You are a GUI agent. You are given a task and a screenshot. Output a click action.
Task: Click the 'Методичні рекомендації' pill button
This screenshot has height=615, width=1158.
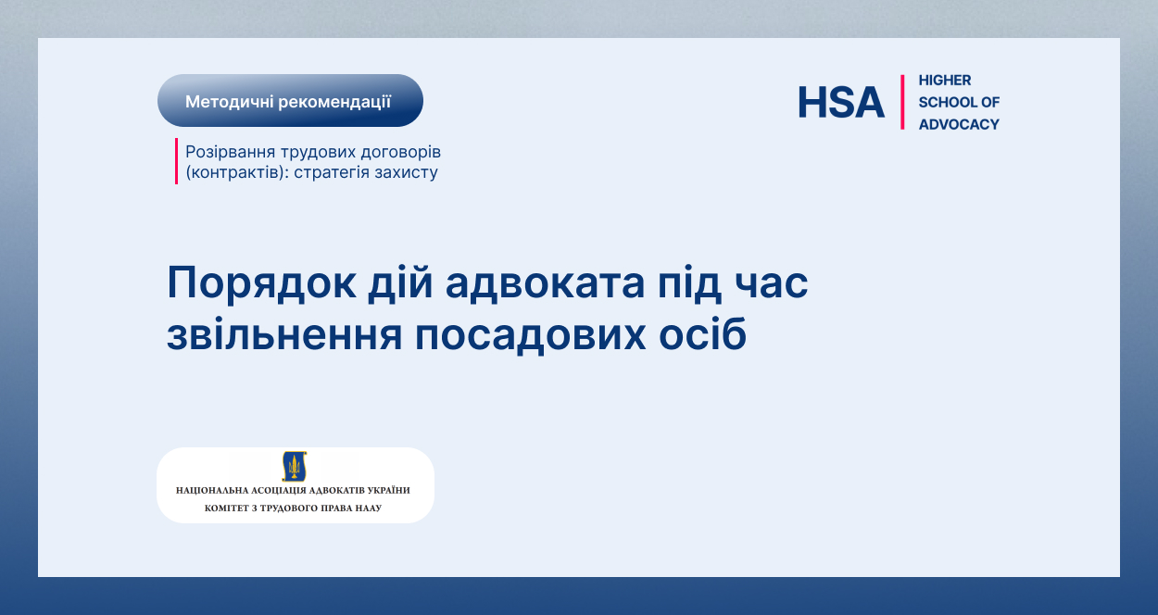click(290, 101)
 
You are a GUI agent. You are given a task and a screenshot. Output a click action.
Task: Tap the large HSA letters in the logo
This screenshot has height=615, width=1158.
click(841, 102)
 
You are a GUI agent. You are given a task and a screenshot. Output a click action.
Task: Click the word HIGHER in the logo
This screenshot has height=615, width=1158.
click(945, 81)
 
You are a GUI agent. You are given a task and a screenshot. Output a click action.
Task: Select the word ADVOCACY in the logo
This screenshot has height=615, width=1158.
click(959, 124)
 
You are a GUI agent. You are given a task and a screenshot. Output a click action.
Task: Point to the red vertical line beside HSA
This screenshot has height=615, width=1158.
click(902, 102)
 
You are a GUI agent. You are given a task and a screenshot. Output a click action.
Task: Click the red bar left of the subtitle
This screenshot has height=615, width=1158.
click(176, 161)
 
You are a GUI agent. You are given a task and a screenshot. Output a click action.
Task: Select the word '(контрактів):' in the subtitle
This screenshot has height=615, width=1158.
click(237, 172)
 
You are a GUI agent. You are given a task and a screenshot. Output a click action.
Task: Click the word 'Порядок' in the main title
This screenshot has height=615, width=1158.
click(261, 283)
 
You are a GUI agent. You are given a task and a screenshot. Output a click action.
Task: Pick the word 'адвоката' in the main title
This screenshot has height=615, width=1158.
click(545, 283)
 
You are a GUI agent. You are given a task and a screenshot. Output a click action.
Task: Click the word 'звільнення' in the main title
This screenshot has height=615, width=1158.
click(284, 336)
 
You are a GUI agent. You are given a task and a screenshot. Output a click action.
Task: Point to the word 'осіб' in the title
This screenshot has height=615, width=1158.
click(702, 333)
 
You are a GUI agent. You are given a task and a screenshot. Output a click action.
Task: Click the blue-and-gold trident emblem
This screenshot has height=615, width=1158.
click(295, 466)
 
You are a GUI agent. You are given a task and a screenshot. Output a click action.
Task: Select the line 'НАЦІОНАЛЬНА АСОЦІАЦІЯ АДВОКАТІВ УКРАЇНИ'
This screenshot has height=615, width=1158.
click(293, 491)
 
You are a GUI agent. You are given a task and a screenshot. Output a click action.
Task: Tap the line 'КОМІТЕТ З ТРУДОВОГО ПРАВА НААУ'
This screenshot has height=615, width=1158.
click(293, 508)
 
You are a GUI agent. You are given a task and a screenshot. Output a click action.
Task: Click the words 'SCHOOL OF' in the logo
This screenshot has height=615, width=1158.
click(959, 102)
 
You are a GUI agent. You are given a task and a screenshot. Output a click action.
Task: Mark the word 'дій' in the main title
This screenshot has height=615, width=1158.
click(400, 282)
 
